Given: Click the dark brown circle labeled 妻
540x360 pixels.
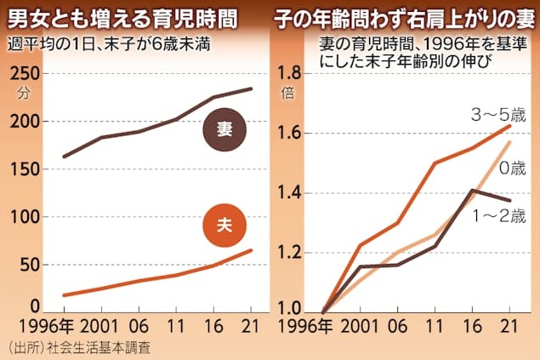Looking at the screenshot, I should [225, 130].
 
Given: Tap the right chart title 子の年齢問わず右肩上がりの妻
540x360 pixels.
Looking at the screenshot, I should [404, 16].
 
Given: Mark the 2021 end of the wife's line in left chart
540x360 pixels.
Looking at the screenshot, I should [251, 89].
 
